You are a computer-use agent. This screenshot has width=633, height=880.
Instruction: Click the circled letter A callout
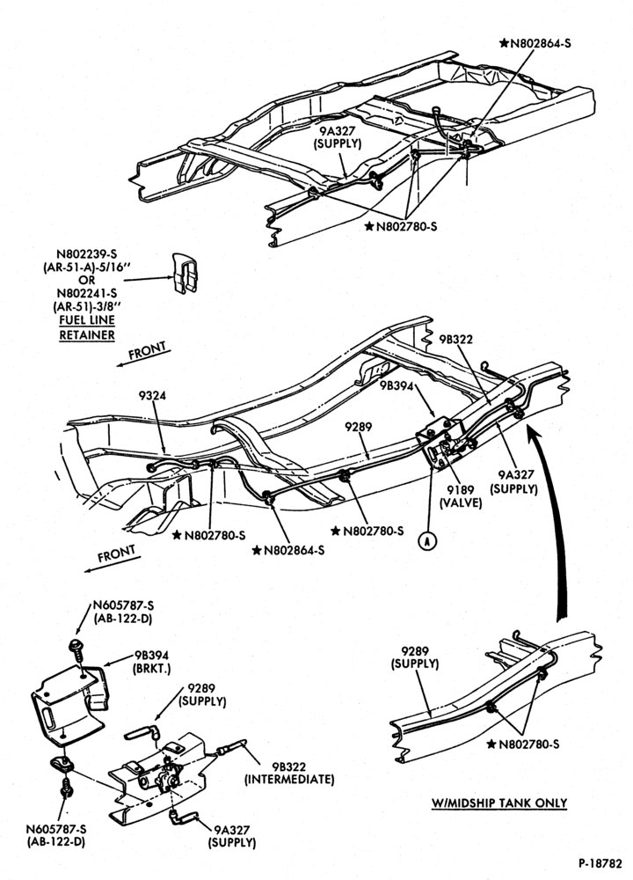click(427, 540)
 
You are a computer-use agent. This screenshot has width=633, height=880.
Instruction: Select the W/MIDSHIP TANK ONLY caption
click(499, 803)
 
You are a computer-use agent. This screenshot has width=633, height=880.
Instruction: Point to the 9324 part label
click(152, 396)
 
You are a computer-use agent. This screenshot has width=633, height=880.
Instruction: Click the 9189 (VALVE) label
click(461, 496)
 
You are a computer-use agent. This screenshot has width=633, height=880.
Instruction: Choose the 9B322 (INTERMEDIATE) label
click(289, 773)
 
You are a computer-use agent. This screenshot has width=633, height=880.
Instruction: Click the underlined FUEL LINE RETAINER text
click(87, 327)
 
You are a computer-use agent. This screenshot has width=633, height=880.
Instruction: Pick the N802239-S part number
click(86, 255)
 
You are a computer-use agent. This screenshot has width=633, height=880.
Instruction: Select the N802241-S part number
click(86, 293)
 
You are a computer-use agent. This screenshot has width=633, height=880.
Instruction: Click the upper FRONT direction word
click(148, 351)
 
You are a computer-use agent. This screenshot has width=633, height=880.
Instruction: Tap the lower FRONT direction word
click(116, 554)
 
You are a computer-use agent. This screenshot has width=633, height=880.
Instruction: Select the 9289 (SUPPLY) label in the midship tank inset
click(415, 657)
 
